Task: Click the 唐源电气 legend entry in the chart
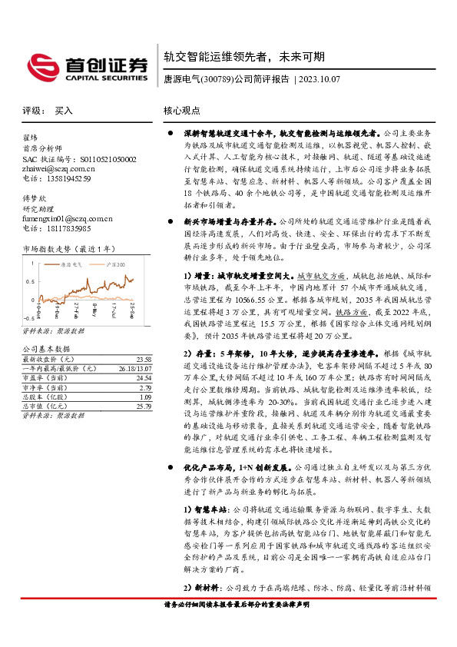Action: click(71, 264)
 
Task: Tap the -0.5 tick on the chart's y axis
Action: click(28, 317)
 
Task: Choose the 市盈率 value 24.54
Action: click(144, 378)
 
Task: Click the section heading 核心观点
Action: click(182, 111)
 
